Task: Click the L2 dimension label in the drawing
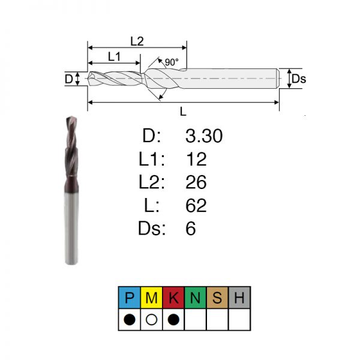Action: click(137, 41)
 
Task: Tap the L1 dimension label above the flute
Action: click(115, 56)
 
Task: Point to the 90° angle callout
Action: click(172, 62)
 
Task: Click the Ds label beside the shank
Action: click(299, 79)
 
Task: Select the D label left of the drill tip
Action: click(68, 79)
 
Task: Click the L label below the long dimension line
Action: click(183, 112)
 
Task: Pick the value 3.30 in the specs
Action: click(204, 136)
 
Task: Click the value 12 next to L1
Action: click(196, 159)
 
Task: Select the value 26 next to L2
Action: click(196, 182)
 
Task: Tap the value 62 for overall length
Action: click(196, 205)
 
